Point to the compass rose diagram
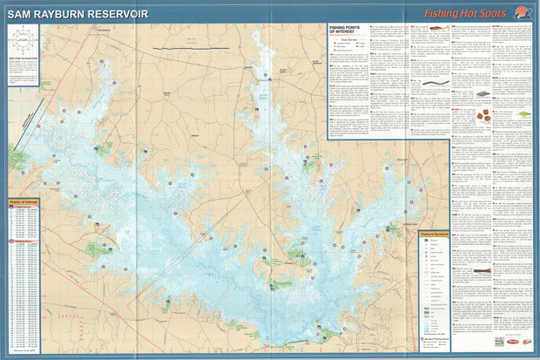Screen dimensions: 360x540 (x=22, y=41)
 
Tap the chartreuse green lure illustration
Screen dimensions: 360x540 (x=524, y=113)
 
